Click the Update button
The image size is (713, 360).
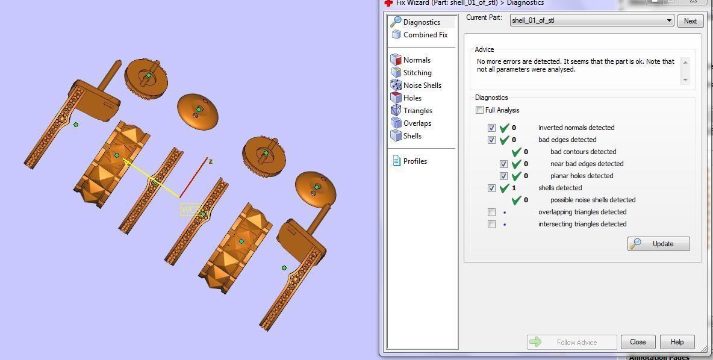(658, 244)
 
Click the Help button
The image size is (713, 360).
(677, 342)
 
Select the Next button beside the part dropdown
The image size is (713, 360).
(690, 20)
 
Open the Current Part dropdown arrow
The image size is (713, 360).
(668, 20)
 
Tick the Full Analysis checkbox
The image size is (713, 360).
(479, 110)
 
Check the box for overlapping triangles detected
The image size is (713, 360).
(492, 212)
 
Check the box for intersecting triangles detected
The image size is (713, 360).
(492, 224)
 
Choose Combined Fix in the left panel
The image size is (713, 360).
(425, 35)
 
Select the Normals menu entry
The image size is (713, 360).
(417, 60)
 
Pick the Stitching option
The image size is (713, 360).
(417, 73)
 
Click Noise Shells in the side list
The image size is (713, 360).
(422, 85)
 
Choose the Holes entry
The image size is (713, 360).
(413, 98)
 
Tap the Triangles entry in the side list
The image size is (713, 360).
(418, 111)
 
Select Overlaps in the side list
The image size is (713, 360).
(417, 123)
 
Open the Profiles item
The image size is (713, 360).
(415, 161)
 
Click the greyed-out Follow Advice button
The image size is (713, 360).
(571, 342)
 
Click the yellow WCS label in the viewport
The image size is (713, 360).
(191, 209)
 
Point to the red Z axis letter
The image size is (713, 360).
(211, 161)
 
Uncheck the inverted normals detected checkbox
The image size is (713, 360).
(492, 128)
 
